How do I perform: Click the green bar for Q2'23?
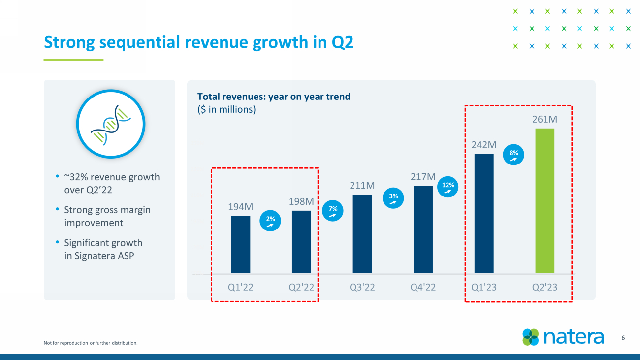(x=544, y=200)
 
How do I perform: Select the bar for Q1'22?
(x=241, y=244)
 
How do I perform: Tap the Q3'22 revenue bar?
(x=362, y=233)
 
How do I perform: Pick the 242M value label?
(x=483, y=145)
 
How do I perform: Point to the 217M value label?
(x=423, y=176)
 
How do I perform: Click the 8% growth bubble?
(x=513, y=156)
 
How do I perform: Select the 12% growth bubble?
(x=448, y=188)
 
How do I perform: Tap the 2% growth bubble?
(x=270, y=221)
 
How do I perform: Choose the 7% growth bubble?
(x=333, y=211)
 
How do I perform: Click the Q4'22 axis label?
(x=423, y=287)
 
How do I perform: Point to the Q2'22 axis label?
(x=301, y=287)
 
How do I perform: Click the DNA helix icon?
(x=110, y=124)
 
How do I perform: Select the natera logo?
(x=563, y=337)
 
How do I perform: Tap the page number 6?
(x=623, y=338)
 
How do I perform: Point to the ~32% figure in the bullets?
(x=75, y=177)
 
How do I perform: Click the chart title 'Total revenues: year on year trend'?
(x=274, y=97)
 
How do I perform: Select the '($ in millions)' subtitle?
(x=226, y=109)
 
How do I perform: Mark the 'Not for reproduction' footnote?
(x=91, y=343)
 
